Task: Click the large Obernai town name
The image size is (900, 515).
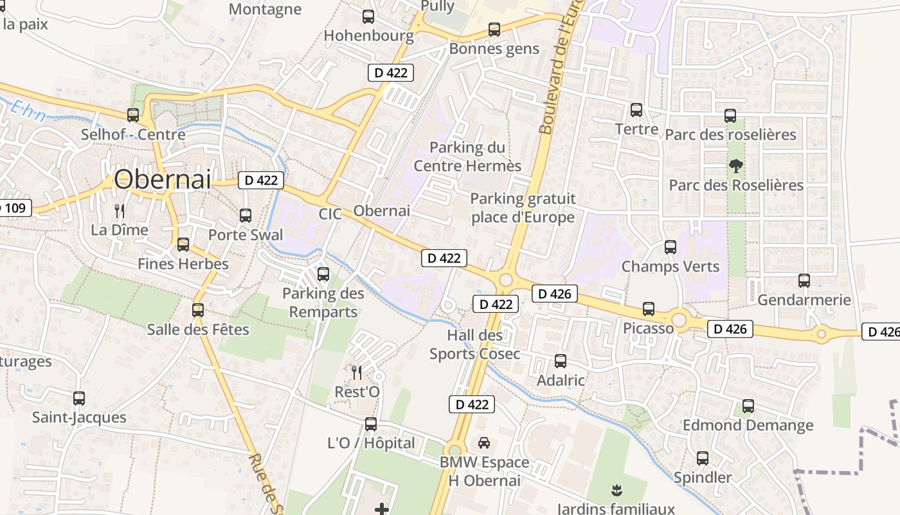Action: (x=162, y=180)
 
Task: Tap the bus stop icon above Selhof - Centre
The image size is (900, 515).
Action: (x=133, y=115)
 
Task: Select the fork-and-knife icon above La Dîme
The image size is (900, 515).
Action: (x=119, y=211)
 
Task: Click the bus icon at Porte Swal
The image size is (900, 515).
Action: (x=246, y=216)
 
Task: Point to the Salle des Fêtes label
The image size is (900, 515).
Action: (x=198, y=330)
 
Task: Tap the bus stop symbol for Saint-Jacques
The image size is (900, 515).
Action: (x=79, y=398)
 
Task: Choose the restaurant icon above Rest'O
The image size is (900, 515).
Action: (x=357, y=372)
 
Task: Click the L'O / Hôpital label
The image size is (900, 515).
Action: (x=372, y=443)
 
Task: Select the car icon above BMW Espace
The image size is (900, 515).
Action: (x=484, y=443)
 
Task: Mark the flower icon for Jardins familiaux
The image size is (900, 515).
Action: (x=616, y=490)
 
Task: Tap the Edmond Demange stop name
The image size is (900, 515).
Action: (x=748, y=426)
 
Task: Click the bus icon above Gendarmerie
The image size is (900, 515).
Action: (x=804, y=281)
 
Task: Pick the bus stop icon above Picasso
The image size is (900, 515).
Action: (x=649, y=309)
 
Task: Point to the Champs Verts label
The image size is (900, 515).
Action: (x=670, y=266)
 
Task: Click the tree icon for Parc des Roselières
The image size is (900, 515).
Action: (x=735, y=166)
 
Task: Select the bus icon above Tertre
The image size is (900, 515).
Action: (x=636, y=110)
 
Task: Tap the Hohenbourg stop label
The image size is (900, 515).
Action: (x=368, y=35)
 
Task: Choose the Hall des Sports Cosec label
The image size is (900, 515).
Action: (x=475, y=344)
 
